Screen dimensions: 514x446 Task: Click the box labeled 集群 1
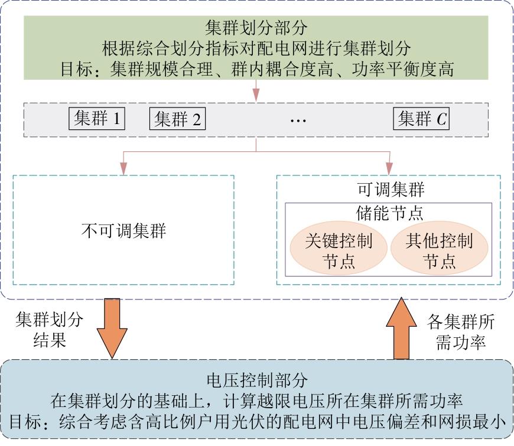(97, 118)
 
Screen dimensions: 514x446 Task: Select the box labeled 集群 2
(177, 118)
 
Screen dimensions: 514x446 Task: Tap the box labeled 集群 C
(421, 118)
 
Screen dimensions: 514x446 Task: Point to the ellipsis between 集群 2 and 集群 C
(298, 121)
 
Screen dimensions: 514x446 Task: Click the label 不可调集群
(123, 230)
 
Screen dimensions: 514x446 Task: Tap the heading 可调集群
(391, 190)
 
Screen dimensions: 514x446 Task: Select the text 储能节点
(389, 213)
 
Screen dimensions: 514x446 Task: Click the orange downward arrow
(112, 328)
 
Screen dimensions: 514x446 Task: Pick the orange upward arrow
(401, 328)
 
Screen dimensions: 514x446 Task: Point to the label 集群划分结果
(50, 330)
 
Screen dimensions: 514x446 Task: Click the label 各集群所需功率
(461, 331)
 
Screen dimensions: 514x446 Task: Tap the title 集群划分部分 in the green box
(256, 28)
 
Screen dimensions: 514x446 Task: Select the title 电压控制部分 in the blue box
(258, 380)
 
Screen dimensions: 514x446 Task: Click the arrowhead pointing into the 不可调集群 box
(123, 168)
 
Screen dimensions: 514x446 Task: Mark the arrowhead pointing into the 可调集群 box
(389, 168)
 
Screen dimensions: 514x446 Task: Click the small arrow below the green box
(256, 91)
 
